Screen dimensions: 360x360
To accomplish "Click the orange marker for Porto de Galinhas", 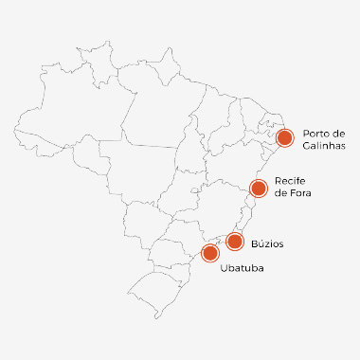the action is pos(284,138).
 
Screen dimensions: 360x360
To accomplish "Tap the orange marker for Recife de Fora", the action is pos(257,188).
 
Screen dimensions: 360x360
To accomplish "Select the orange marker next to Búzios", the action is pos(235,241).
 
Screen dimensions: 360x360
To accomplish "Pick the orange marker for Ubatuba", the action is pos(210,253).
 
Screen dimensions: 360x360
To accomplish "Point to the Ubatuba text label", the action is pos(241,270).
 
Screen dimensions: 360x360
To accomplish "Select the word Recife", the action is pos(288,180).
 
